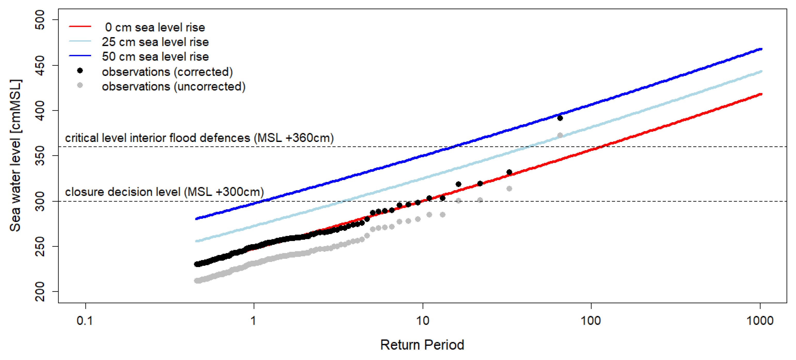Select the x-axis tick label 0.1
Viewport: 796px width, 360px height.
[x=85, y=321]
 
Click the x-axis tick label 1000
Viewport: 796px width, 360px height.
[x=760, y=321]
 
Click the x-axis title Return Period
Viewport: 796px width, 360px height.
[x=422, y=345]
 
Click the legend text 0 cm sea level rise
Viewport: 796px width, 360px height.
[x=155, y=28]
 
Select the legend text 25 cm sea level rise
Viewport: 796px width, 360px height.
[x=155, y=42]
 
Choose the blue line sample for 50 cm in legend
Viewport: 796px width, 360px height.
[x=80, y=56]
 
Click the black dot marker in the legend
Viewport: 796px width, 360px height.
[x=80, y=71]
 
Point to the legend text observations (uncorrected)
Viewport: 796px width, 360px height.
[x=174, y=86]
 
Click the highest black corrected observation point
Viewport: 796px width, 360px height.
[x=560, y=118]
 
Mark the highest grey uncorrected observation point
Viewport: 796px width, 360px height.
[x=560, y=135]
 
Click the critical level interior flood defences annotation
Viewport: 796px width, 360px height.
[x=199, y=138]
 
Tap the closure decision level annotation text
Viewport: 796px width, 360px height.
[x=164, y=192]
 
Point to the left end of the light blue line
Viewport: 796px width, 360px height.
[x=196, y=241]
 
